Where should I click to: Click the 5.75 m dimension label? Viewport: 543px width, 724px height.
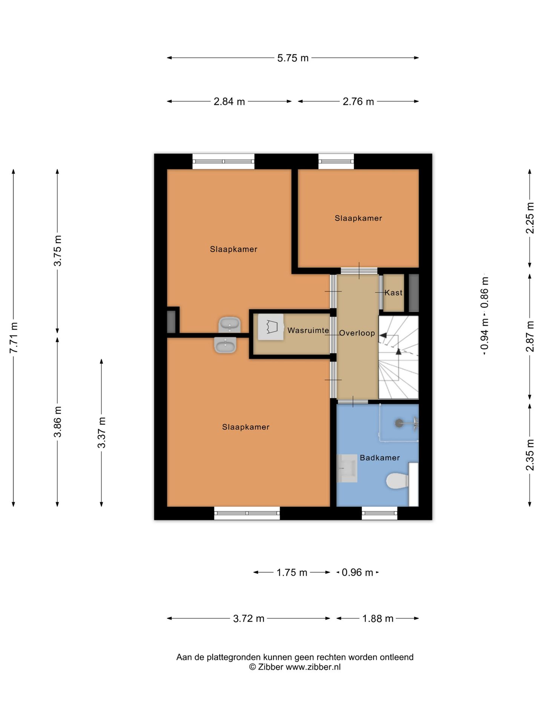pos(293,58)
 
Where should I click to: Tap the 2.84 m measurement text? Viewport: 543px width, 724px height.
pos(229,101)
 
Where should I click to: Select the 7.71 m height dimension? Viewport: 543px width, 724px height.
pos(14,337)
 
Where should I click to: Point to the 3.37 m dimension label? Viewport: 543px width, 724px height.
pos(101,433)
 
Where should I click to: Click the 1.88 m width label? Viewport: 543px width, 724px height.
pos(378,618)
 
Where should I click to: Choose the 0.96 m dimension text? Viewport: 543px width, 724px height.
pos(357,572)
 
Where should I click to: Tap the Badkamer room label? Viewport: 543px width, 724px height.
pos(380,458)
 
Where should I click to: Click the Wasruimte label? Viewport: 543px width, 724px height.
pos(308,330)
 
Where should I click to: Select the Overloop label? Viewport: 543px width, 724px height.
pos(357,333)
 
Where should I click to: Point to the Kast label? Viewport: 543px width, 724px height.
pos(394,293)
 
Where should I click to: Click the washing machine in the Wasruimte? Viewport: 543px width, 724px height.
pos(271,327)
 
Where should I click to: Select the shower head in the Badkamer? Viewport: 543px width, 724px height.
pos(399,423)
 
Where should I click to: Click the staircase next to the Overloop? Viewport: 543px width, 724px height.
pos(399,357)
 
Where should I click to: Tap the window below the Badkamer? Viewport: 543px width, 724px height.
pos(379,513)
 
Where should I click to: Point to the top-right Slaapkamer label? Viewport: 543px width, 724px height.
pos(358,218)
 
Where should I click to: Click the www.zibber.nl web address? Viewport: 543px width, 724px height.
pos(313,667)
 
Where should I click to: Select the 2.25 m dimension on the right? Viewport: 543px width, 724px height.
pos(530,218)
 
